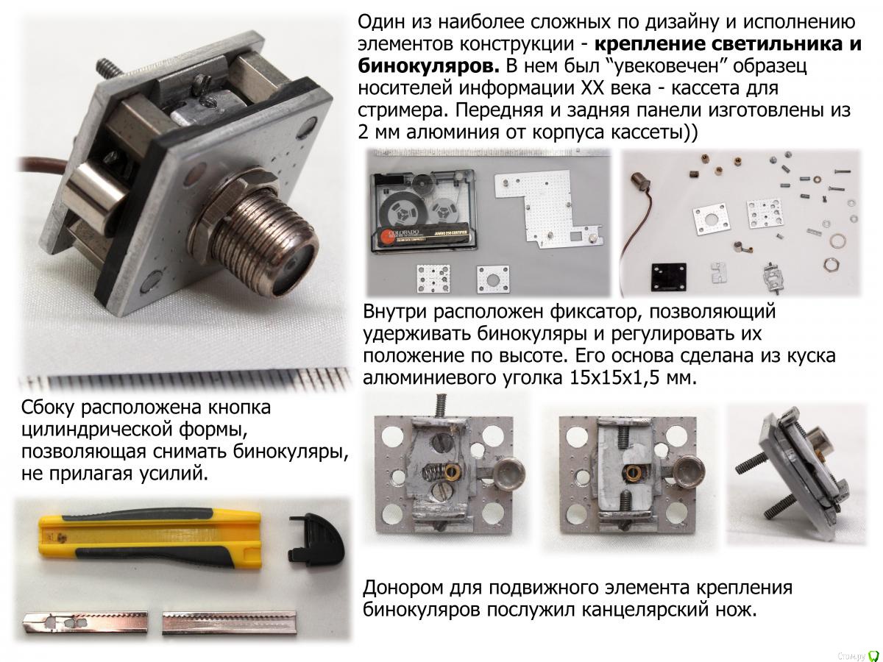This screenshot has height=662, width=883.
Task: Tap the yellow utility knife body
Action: [x=150, y=537]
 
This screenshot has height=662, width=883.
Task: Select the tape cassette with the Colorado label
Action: [x=425, y=210]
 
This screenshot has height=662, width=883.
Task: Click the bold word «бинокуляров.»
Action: [x=428, y=66]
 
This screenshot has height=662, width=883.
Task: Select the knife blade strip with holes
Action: [x=85, y=623]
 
